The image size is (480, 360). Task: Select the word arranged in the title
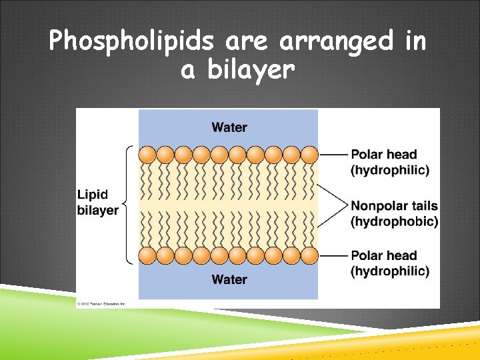click(337, 43)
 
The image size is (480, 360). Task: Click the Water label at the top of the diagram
click(229, 127)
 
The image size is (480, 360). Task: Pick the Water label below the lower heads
click(229, 279)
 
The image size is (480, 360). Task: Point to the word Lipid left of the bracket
click(92, 195)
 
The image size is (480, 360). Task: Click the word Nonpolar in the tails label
click(377, 205)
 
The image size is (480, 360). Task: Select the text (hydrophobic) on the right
click(394, 221)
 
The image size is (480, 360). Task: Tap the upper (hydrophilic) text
click(389, 170)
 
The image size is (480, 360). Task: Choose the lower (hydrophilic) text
click(389, 271)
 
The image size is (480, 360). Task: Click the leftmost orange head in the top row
click(147, 155)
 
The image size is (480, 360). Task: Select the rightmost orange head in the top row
click(309, 155)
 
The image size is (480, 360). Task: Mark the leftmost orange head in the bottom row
click(147, 255)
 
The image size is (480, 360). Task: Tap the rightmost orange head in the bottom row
click(309, 255)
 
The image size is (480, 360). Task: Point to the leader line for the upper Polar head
click(333, 155)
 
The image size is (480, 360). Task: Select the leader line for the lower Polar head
click(333, 255)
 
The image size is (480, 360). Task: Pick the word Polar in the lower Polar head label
click(367, 255)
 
